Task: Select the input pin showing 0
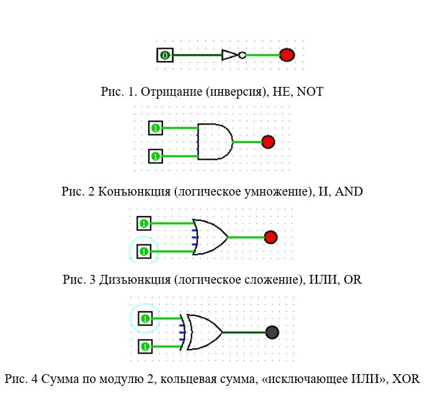click(x=165, y=55)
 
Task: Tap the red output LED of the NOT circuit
click(x=287, y=55)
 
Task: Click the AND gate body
click(x=215, y=142)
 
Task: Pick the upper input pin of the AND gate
click(x=155, y=128)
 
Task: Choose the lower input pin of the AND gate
click(x=155, y=156)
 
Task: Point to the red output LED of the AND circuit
click(x=268, y=142)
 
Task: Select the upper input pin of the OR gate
click(x=144, y=223)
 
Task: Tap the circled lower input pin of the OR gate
click(x=144, y=251)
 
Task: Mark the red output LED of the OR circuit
click(x=271, y=237)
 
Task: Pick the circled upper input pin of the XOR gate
click(x=145, y=318)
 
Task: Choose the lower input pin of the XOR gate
click(x=145, y=347)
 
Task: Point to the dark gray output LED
click(x=272, y=332)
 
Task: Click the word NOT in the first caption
click(x=310, y=92)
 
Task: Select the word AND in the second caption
click(x=349, y=191)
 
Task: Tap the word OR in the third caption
click(x=353, y=280)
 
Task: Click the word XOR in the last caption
click(x=406, y=379)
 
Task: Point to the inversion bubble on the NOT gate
click(x=242, y=55)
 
